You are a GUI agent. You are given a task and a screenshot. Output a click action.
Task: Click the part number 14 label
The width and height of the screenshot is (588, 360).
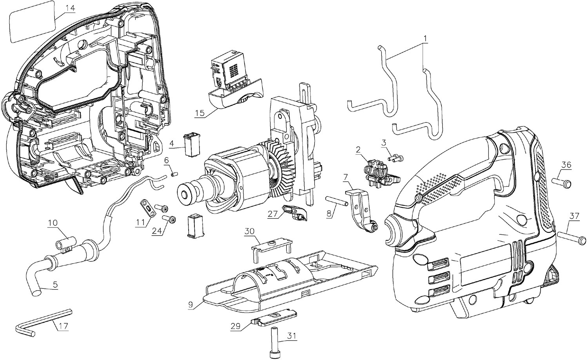(70, 8)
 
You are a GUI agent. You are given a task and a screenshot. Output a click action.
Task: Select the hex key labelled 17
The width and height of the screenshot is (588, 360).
(43, 320)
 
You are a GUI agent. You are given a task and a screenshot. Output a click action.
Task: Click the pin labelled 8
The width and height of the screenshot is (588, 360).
(337, 202)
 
